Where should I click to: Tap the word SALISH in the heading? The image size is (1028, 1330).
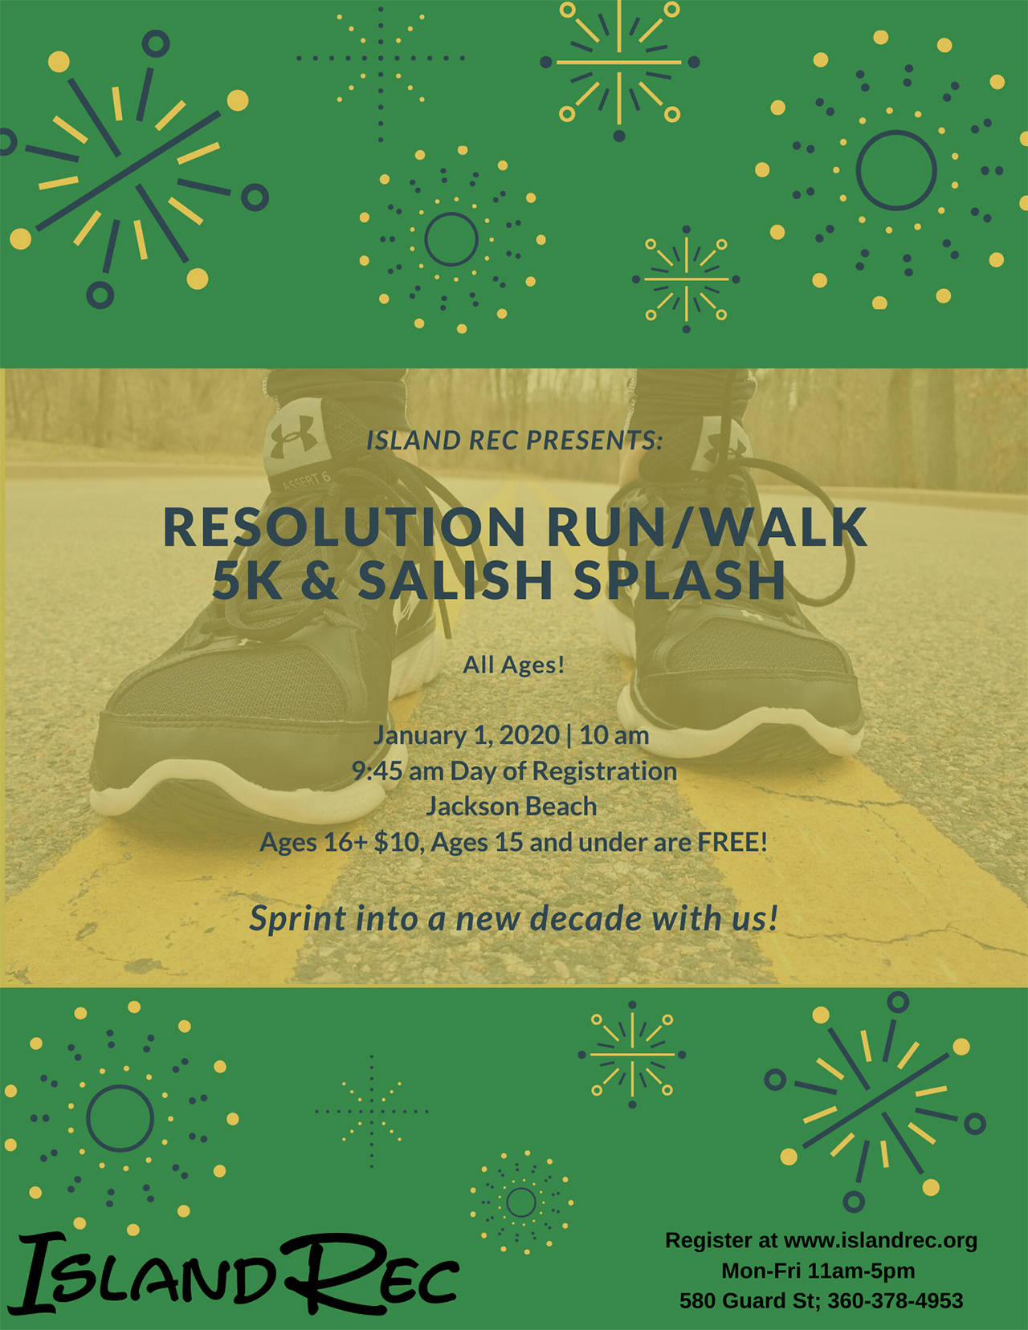(455, 580)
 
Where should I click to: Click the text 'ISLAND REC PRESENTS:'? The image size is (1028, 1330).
(514, 441)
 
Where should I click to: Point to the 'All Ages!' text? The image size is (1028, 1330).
(514, 665)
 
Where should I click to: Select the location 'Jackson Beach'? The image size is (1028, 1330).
(512, 806)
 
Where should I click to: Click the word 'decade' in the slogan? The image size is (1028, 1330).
(586, 918)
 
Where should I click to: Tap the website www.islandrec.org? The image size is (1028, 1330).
(880, 1240)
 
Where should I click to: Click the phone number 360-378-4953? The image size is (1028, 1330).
(895, 1300)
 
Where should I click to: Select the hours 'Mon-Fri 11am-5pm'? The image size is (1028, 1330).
(818, 1271)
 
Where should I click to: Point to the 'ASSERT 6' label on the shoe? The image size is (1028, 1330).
(305, 482)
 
